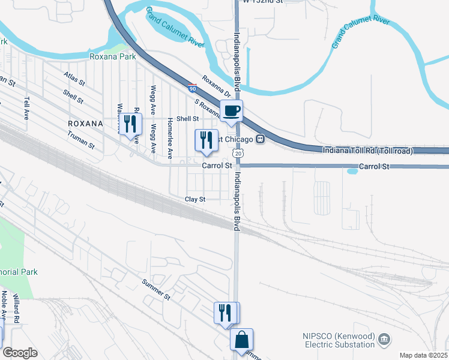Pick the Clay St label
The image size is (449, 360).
[195, 199]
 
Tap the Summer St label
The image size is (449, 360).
[157, 289]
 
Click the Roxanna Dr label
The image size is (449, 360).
[216, 86]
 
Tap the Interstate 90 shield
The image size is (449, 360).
[191, 88]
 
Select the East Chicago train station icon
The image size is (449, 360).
[261, 139]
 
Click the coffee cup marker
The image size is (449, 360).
[232, 110]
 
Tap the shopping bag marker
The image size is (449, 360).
[241, 340]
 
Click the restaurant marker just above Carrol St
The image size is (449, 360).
[206, 140]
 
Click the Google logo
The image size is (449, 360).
[20, 352]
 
